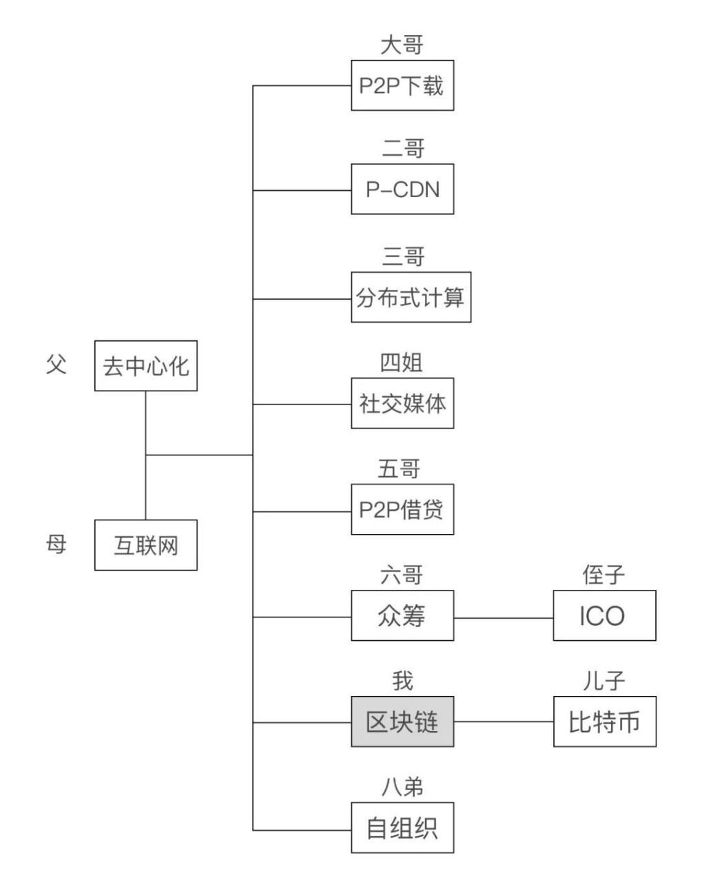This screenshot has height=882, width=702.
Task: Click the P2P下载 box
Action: [402, 85]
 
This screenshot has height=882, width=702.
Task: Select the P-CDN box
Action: [402, 189]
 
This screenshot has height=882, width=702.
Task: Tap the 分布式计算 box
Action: [411, 297]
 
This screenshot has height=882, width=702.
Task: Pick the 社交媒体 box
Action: [402, 403]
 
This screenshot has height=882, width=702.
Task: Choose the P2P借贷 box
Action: [402, 510]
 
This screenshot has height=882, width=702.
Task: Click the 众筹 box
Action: [402, 616]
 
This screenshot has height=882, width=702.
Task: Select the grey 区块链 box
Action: [402, 721]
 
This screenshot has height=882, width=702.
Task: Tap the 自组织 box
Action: [402, 828]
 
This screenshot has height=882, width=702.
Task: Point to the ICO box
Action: [604, 616]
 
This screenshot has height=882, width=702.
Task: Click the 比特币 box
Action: [604, 721]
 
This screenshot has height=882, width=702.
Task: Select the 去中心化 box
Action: [145, 366]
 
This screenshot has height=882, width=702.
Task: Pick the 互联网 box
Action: [145, 545]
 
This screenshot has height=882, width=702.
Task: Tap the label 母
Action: [56, 544]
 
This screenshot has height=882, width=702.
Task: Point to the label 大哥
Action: [402, 45]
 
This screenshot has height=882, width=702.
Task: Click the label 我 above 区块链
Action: [402, 681]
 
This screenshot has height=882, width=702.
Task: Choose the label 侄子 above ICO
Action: [604, 575]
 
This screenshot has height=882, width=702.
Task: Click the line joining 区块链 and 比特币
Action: [504, 722]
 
